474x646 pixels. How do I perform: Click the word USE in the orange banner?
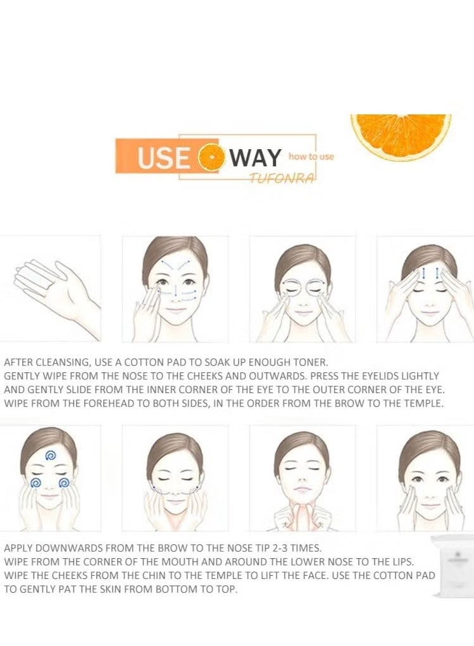pyautogui.click(x=164, y=158)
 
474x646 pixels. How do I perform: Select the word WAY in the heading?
pyautogui.click(x=255, y=158)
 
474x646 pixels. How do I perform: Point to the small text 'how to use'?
pyautogui.click(x=311, y=157)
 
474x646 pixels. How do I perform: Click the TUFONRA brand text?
pyautogui.click(x=282, y=178)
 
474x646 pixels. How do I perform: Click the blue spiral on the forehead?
pyautogui.click(x=51, y=455)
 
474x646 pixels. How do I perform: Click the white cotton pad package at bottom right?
pyautogui.click(x=452, y=565)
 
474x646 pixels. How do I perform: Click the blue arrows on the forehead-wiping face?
pyautogui.click(x=430, y=272)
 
